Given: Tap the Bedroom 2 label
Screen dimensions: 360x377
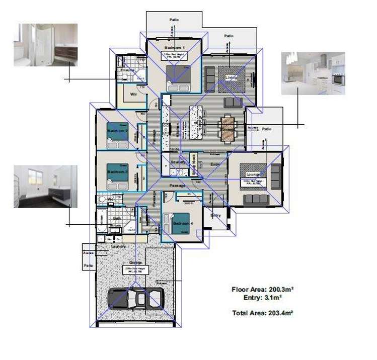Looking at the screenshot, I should pos(117,131).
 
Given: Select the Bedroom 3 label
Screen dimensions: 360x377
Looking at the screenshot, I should pos(117,171).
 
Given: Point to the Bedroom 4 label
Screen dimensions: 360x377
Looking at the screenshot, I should pos(182,223).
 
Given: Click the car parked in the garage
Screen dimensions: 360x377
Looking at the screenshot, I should pos(135,299).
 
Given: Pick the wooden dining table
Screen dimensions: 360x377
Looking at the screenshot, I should pos(228,128).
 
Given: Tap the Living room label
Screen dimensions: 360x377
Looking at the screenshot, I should pos(231,77).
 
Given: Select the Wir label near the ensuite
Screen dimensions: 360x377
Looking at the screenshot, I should pos(134,94).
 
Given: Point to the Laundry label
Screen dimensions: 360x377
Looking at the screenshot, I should pos(118,247).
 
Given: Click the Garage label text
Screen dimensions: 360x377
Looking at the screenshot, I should pos(135,262).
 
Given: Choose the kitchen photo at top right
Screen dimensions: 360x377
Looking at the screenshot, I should pos(313,73).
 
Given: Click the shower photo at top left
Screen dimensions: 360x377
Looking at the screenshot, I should pos(45,45).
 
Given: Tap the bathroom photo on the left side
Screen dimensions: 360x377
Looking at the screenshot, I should pos(45,186).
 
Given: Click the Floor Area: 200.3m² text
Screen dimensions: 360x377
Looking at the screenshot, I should pos(262,289).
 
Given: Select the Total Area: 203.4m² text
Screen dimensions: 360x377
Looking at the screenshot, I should pos(262,313).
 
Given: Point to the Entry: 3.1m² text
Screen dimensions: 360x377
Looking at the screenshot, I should pos(262,297).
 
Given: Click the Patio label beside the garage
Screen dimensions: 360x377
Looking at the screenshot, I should pos(89,265).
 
